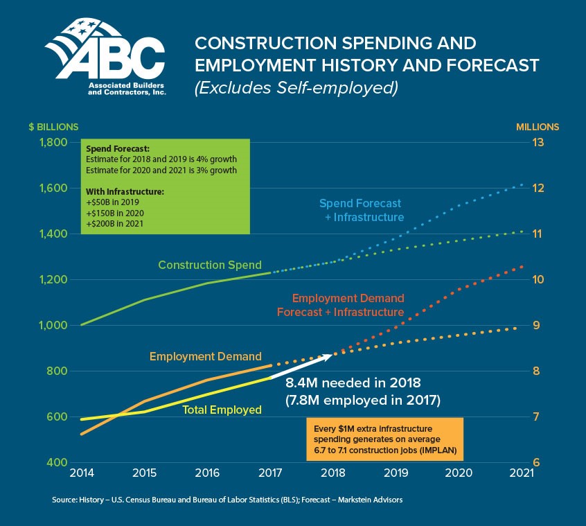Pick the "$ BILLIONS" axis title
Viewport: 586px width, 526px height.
(53, 127)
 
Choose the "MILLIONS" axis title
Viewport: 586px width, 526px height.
(538, 127)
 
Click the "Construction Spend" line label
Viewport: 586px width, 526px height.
(209, 265)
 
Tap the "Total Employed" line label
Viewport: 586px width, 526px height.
(222, 410)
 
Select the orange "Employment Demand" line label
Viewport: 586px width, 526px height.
(206, 356)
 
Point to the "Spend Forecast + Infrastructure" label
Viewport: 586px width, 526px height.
(361, 210)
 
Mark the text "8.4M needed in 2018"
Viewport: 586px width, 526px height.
(353, 383)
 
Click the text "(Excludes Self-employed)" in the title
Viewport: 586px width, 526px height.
(296, 87)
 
